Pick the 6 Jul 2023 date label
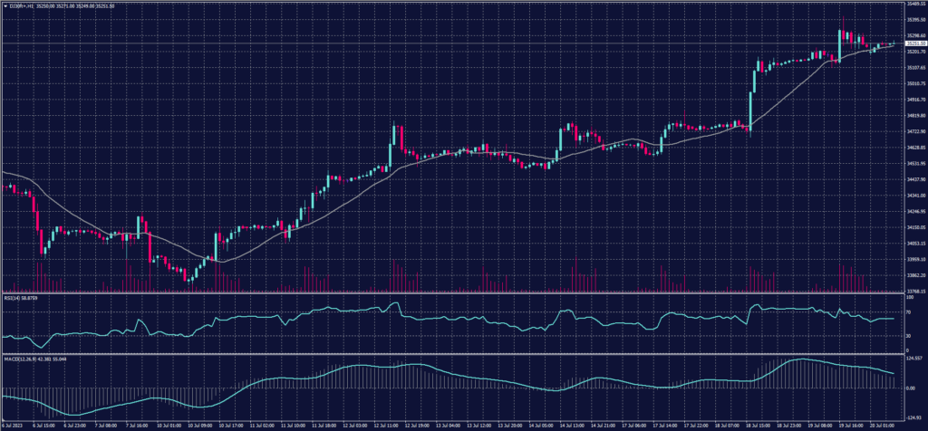(x=13, y=424)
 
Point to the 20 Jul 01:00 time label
(x=884, y=424)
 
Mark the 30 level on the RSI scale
(x=907, y=335)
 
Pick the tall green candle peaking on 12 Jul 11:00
(x=394, y=140)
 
